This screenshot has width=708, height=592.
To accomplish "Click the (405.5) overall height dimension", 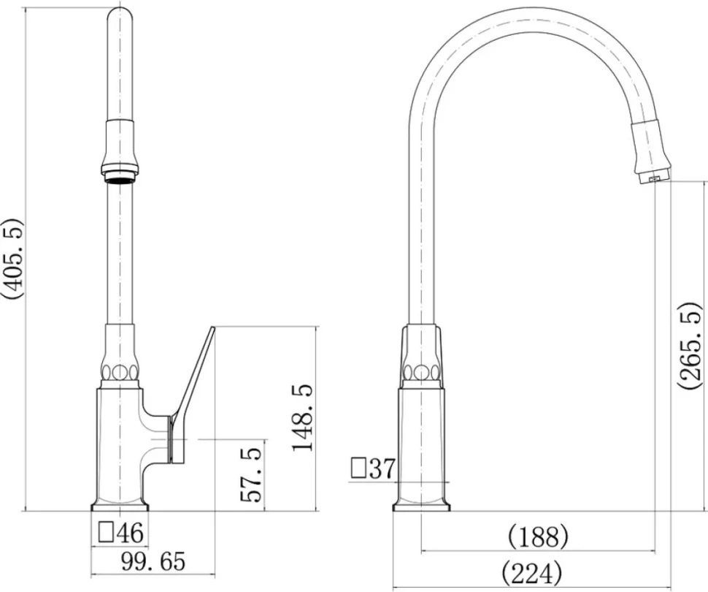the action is pos(12,258).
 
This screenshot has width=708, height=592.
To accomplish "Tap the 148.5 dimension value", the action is pos(302,417).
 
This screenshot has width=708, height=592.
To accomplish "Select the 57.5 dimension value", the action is pos(251,475).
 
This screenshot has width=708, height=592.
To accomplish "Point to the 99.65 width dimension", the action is pos(153,562).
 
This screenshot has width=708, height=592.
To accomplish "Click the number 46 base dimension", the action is pos(130,532).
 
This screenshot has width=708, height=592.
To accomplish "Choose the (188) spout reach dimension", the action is pos(538,537).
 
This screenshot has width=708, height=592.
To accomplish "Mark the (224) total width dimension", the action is pos(532,574).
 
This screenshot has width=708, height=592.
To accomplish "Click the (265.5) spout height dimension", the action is pos(690,346).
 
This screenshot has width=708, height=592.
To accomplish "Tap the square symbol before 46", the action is pos(106,532).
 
